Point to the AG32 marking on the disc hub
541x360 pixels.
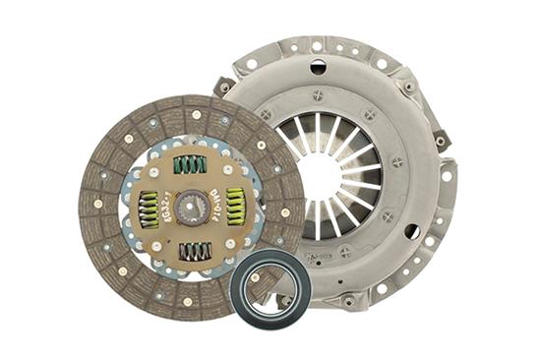(x=162, y=177)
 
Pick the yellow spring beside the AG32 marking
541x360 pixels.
(x=148, y=209)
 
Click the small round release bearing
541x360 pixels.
(x=270, y=287)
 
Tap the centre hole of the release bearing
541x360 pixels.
(x=270, y=287)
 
